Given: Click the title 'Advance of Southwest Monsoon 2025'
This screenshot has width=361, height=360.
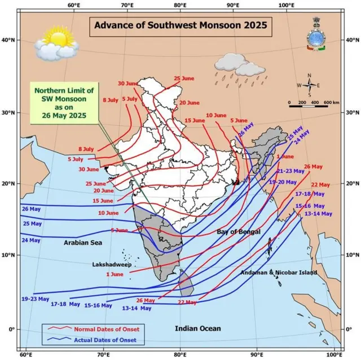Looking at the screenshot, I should click(180, 25).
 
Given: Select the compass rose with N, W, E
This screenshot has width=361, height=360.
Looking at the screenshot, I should click(309, 85).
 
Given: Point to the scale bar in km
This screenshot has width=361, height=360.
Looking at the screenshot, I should click(314, 104).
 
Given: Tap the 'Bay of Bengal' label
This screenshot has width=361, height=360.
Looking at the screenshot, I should click(239, 232).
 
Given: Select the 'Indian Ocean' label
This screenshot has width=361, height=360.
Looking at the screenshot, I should click(197, 328).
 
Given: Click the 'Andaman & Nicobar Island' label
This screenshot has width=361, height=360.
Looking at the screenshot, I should click(279, 273).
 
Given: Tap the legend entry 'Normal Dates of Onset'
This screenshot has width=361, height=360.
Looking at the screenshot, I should click(107, 329).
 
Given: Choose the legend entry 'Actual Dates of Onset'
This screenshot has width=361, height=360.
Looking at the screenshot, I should click(107, 340).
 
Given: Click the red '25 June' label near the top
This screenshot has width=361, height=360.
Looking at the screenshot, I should click(184, 78).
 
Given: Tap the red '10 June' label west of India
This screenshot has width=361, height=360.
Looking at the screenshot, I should click(108, 213).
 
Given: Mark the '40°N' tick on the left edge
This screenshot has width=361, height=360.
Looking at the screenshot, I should click(8, 40).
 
